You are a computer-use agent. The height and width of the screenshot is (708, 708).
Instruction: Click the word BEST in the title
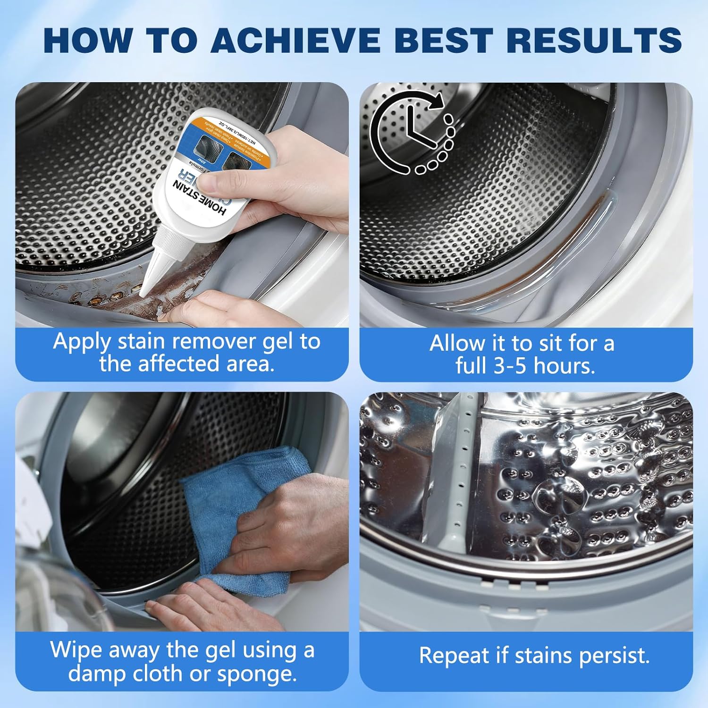[445, 40]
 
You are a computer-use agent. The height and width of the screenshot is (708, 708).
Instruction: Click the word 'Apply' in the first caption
[82, 342]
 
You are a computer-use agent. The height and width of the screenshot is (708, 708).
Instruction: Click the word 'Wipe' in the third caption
[76, 650]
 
